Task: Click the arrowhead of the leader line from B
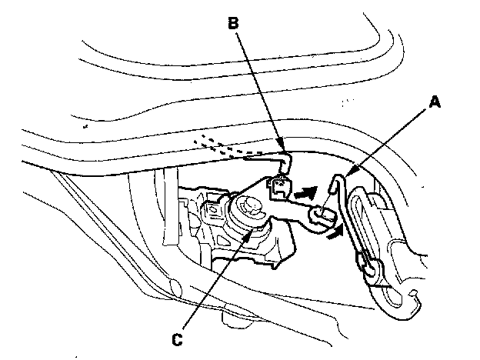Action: [285, 151]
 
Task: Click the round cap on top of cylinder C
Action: [247, 206]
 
